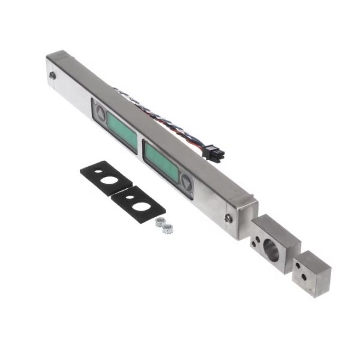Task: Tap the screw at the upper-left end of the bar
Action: [53, 76]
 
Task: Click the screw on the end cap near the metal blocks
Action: [229, 218]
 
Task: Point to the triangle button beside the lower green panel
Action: [186, 183]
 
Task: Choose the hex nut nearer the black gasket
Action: [159, 221]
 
